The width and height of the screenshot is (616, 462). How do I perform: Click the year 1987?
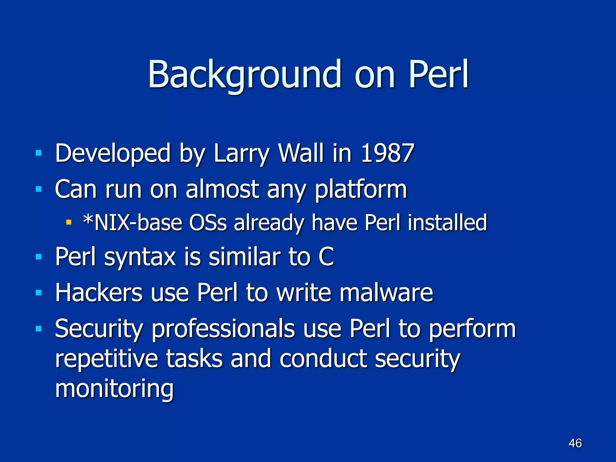click(x=387, y=153)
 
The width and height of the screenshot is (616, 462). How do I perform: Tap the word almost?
click(x=222, y=189)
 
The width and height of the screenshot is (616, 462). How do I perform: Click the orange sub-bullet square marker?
click(x=69, y=223)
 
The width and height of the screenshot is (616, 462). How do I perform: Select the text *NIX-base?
click(x=133, y=223)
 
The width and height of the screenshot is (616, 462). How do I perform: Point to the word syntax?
click(x=140, y=257)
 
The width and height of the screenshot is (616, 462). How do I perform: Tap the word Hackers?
click(x=99, y=292)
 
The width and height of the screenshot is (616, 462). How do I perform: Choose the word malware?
click(x=386, y=292)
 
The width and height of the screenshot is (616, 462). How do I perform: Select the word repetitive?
click(x=106, y=359)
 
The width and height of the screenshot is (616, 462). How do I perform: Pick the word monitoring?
click(x=114, y=389)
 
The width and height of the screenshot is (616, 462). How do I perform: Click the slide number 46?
click(x=575, y=443)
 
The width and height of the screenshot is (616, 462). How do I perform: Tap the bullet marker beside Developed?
click(x=38, y=153)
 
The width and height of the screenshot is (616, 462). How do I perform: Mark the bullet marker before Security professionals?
click(x=38, y=329)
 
